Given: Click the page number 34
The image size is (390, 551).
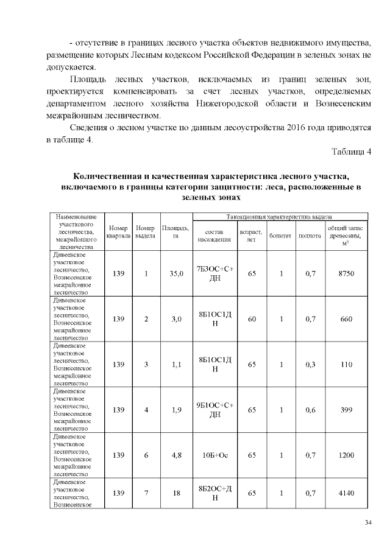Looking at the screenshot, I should coord(368,522).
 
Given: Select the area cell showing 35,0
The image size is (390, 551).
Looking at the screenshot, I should coord(177,274).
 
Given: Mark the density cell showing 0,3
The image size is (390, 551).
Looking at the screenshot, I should coord(310,365).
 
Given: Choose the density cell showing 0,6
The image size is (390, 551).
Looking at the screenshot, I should coord(310,410).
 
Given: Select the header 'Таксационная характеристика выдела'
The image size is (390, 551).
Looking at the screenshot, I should coord(279,216).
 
